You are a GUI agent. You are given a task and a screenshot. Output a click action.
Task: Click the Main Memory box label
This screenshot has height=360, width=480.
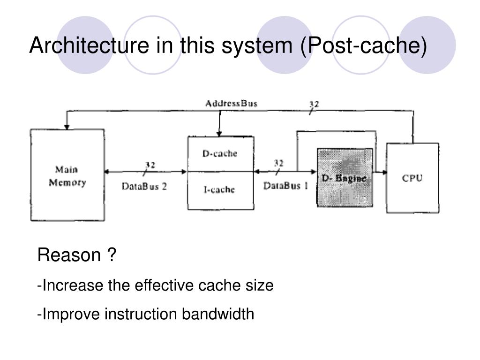point(67,176)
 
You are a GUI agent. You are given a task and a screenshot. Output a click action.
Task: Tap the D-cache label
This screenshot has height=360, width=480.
point(220,153)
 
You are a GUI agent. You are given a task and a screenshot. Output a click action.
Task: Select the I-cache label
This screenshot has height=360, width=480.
point(219,190)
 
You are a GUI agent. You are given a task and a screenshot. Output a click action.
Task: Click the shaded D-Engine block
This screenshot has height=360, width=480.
point(345,178)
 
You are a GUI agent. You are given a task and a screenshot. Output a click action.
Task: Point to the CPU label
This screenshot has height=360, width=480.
point(412,178)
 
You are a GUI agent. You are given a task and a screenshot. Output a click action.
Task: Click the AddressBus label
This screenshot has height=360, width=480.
point(231,104)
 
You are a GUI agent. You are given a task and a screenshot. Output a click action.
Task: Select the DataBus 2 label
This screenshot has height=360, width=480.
point(144,186)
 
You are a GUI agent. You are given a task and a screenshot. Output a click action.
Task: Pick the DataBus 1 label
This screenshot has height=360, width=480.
point(285,186)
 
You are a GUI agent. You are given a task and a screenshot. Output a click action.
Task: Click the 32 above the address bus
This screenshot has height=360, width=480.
point(314,105)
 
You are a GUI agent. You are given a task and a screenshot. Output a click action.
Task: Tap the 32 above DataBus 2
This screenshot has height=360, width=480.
point(150,165)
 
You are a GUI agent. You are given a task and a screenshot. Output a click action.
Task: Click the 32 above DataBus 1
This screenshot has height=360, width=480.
point(278,163)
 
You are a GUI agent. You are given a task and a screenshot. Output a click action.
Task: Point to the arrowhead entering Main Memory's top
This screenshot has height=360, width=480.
point(67,127)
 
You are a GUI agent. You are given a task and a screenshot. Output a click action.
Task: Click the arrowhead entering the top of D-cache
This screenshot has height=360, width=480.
point(219,134)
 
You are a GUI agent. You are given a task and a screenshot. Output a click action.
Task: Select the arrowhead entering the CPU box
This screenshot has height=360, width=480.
point(384,172)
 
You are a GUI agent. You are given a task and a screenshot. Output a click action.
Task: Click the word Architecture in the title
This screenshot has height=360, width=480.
point(90,45)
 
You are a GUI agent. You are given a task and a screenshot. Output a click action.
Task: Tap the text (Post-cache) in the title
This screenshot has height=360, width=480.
point(363,46)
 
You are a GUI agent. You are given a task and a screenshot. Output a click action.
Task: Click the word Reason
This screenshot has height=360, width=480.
point(69,255)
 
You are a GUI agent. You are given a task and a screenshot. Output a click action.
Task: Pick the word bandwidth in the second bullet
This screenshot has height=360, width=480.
point(217,314)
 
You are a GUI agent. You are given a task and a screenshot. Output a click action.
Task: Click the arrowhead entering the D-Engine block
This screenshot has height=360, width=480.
point(314,172)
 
